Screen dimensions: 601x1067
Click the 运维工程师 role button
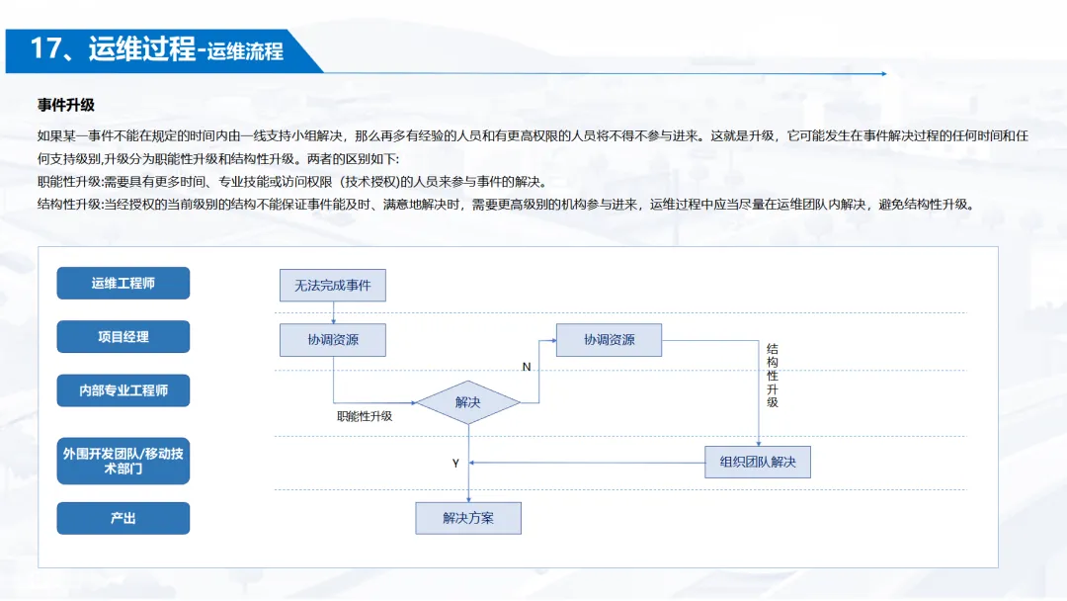[123, 284]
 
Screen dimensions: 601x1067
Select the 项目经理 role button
[123, 337]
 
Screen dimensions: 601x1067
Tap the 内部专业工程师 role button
[123, 390]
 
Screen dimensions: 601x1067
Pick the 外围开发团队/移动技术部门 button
[123, 461]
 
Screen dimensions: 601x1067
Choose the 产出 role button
[123, 518]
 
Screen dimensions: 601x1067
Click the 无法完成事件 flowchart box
[333, 286]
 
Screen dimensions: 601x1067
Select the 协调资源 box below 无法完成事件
[333, 340]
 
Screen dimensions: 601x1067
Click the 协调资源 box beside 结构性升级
[609, 340]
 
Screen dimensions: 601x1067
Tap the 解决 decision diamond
[467, 402]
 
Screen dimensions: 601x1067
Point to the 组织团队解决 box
[758, 462]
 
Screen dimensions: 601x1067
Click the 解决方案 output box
[467, 518]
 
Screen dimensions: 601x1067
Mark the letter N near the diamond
[527, 368]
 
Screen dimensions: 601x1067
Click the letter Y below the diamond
[455, 464]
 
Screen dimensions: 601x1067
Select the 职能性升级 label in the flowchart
[366, 416]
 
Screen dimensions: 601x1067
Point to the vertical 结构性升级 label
[773, 376]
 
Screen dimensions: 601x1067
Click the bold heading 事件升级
[66, 105]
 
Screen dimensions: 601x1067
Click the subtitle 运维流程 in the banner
[245, 51]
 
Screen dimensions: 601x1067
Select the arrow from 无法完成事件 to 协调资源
[333, 312]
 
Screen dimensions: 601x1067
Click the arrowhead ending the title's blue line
[883, 73]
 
